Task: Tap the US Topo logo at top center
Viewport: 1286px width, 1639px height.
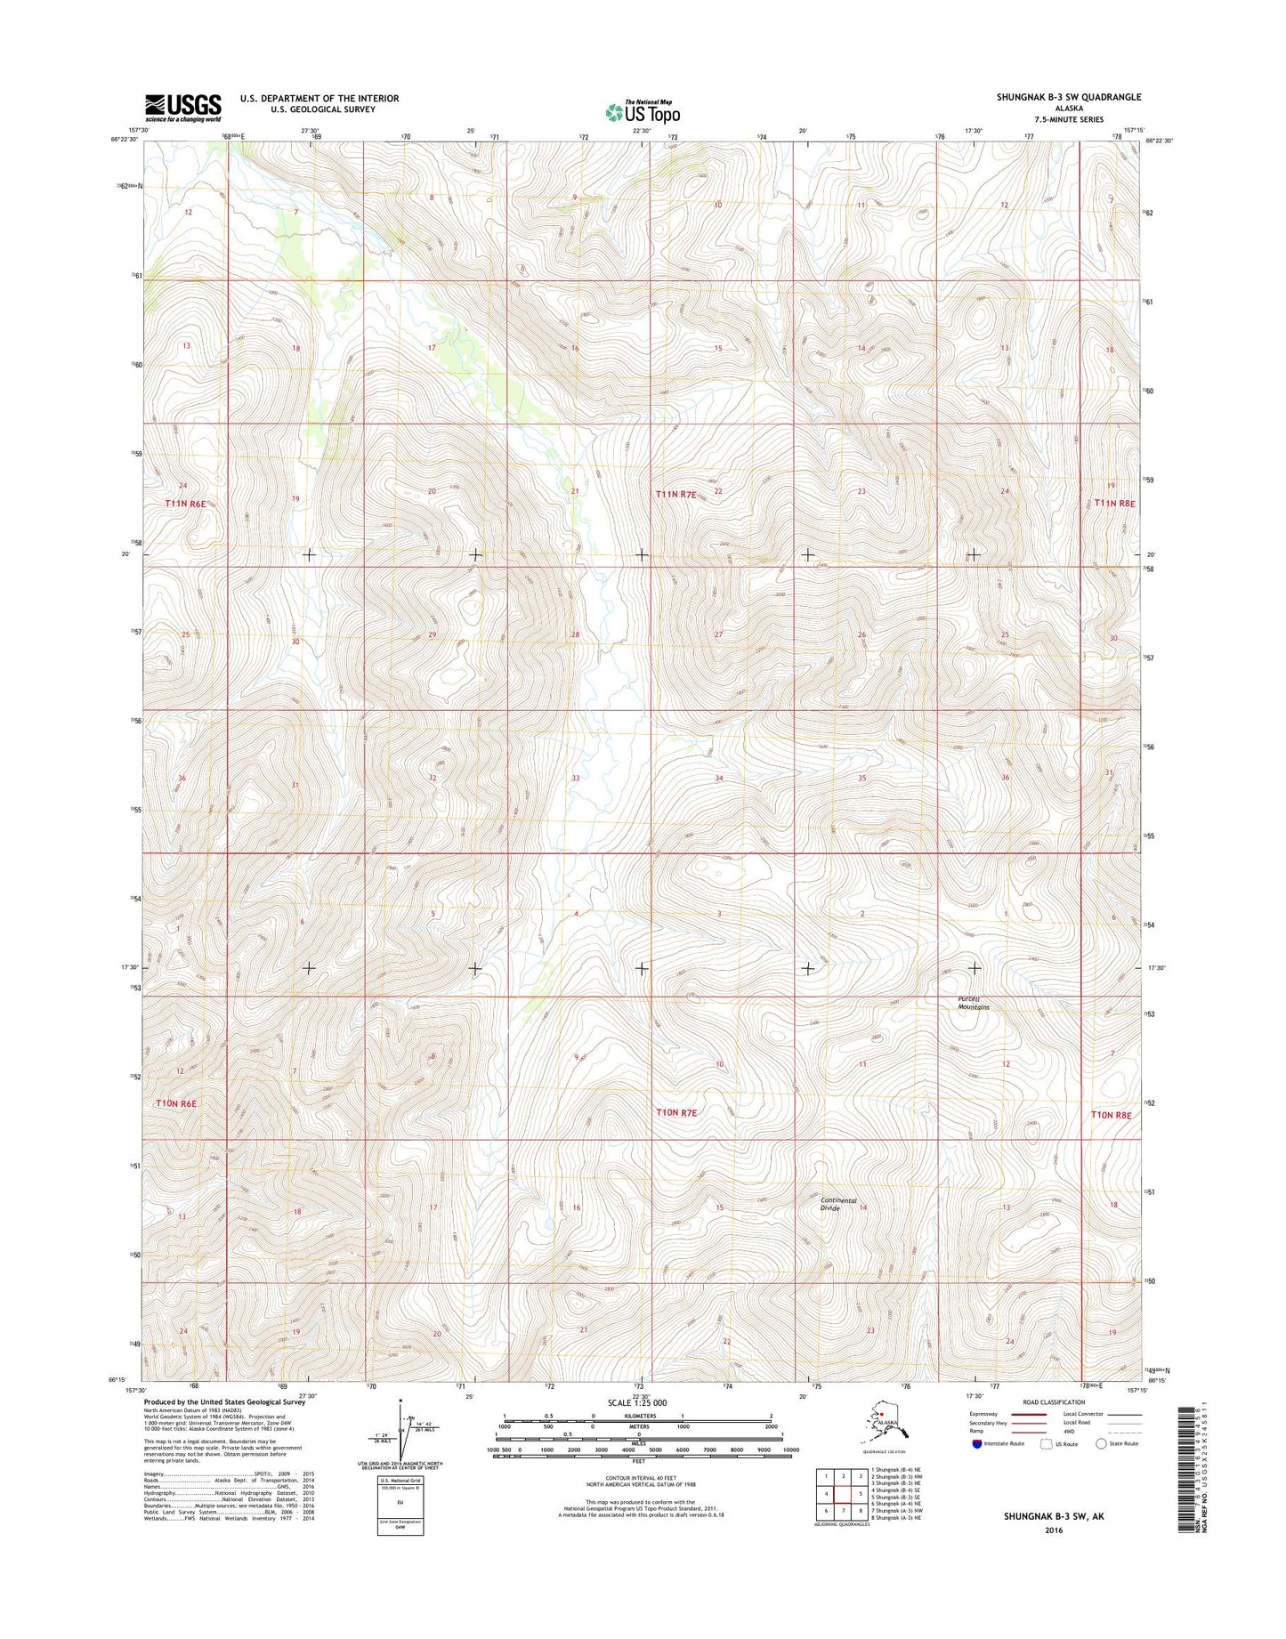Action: (x=643, y=111)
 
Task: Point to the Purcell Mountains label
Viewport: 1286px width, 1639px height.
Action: (x=973, y=1003)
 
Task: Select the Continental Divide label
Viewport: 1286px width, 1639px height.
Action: (x=838, y=1204)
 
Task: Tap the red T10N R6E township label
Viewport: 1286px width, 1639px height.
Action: (x=175, y=1103)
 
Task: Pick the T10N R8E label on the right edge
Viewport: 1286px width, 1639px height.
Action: (x=1113, y=1114)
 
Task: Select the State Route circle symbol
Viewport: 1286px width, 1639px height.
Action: (x=1102, y=1444)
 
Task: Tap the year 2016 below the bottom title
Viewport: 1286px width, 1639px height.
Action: (x=1054, y=1531)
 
